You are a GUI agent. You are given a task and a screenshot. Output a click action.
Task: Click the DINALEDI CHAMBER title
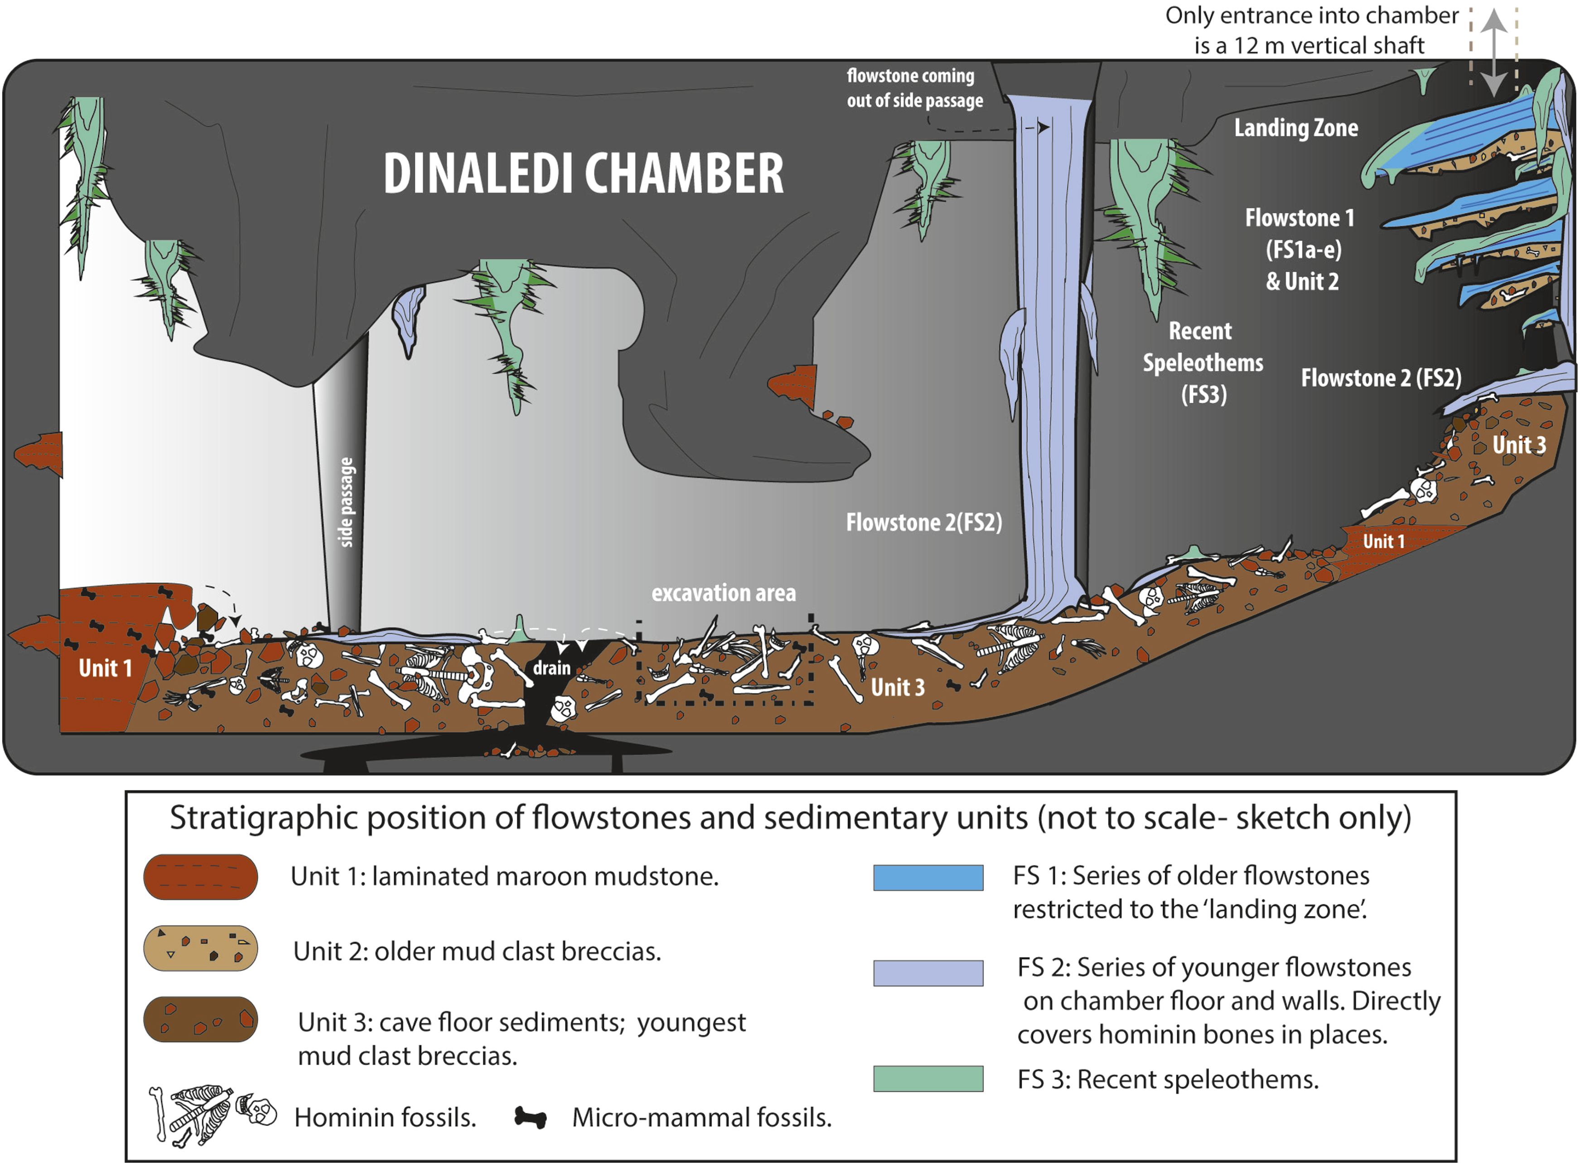[x=583, y=173]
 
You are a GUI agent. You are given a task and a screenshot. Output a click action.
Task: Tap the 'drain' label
[x=551, y=667]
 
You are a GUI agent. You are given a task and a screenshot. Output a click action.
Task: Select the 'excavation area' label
[x=723, y=593]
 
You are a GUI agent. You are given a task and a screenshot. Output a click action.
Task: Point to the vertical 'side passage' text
[x=346, y=502]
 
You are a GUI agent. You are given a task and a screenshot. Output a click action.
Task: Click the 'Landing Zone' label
[x=1296, y=128]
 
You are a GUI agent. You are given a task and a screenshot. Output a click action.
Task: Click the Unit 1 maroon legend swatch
[x=200, y=876]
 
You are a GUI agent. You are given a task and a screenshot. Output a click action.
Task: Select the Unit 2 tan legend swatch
[x=200, y=948]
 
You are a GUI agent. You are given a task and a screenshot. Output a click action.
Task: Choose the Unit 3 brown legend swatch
[x=200, y=1019]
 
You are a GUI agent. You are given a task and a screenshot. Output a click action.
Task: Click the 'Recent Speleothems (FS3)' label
[x=1203, y=362]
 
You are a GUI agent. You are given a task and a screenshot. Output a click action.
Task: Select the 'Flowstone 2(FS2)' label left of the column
[x=923, y=523]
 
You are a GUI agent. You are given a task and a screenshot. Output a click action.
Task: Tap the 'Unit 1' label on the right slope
[x=1383, y=542]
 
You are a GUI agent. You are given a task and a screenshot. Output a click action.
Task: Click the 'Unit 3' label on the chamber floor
[x=897, y=687]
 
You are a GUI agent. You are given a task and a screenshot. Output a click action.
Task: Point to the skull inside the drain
[x=563, y=708]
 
